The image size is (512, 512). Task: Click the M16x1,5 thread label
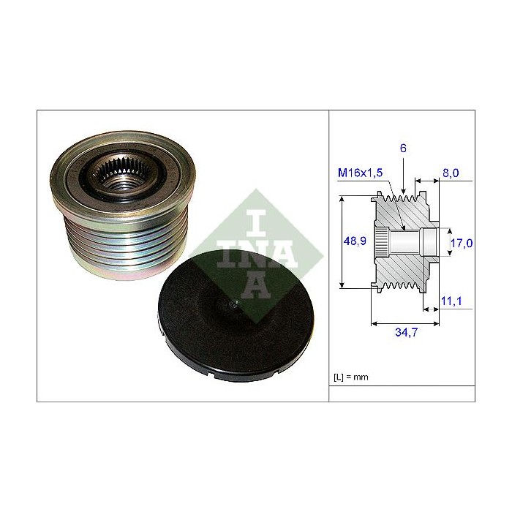pyautogui.click(x=360, y=173)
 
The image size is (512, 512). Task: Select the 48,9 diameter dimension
pyautogui.click(x=355, y=241)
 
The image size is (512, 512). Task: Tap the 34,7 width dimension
pyautogui.click(x=406, y=332)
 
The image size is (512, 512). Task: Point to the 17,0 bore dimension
pyautogui.click(x=462, y=243)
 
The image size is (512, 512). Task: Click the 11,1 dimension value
pyautogui.click(x=451, y=301)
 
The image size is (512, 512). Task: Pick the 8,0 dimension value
pyautogui.click(x=451, y=173)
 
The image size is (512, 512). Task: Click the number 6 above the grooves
pyautogui.click(x=403, y=148)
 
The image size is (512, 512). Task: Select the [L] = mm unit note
pyautogui.click(x=350, y=377)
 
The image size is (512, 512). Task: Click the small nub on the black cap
pyautogui.click(x=234, y=305)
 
